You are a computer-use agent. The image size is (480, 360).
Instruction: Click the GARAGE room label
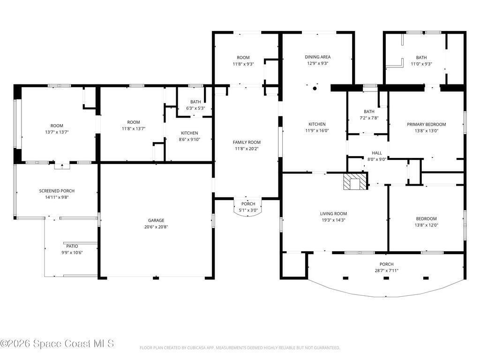[x=156, y=220]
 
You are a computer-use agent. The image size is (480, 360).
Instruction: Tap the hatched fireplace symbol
[x=355, y=182]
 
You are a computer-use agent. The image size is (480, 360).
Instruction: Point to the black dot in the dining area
[x=315, y=89]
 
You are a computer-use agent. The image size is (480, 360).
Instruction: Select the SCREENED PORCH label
[x=57, y=191]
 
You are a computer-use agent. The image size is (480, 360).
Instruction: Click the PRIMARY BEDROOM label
[x=426, y=124]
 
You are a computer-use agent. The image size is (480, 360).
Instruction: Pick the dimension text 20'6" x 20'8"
[x=156, y=227]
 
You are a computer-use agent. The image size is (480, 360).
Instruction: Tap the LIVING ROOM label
[x=333, y=214]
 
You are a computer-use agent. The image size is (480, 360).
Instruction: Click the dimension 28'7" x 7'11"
[x=386, y=270]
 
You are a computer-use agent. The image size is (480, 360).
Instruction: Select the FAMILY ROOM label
[x=247, y=142]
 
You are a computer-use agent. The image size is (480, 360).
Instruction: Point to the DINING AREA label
[x=317, y=57]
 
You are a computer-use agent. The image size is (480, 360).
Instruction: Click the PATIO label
[x=72, y=246]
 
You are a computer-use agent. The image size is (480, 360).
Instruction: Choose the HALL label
[x=377, y=153]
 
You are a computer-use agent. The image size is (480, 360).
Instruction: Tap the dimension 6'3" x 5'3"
[x=195, y=108]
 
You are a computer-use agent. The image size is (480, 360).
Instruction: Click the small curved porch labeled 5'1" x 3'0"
[x=248, y=207]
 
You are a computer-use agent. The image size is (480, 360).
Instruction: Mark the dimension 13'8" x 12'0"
[x=426, y=225]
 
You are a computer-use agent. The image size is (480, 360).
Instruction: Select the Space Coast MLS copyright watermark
[x=57, y=344]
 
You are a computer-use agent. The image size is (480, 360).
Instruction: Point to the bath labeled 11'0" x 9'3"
[x=424, y=58]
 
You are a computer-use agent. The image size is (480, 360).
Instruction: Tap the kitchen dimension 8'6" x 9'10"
[x=189, y=139]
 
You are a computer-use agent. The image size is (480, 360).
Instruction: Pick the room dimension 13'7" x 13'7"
[x=57, y=132]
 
